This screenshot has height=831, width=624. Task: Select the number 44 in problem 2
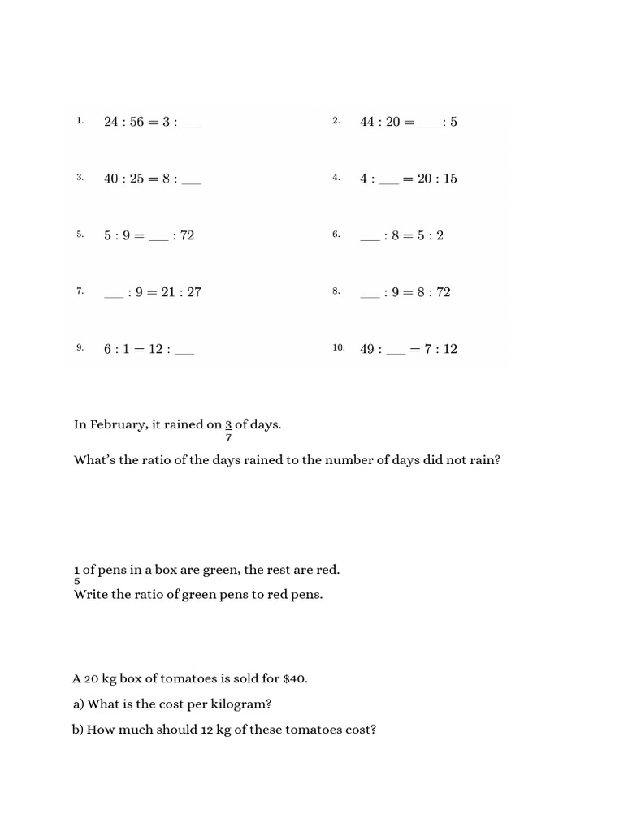(x=368, y=122)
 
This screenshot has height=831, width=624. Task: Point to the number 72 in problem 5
(x=187, y=235)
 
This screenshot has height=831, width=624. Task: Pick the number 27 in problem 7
(x=193, y=292)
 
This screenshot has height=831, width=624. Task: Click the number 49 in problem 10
(x=368, y=349)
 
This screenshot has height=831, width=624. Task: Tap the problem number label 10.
(x=339, y=348)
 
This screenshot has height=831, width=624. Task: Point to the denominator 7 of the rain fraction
(x=229, y=437)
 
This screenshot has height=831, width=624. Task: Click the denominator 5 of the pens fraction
(x=77, y=581)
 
